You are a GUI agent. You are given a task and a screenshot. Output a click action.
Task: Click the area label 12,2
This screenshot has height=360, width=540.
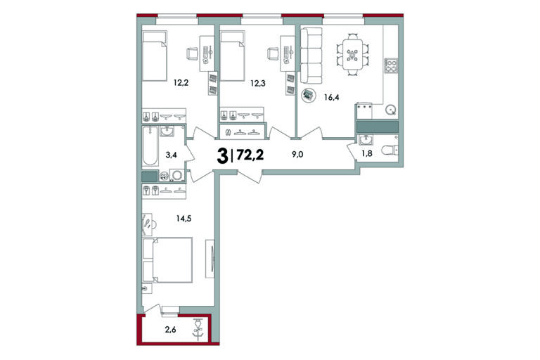pyautogui.click(x=181, y=83)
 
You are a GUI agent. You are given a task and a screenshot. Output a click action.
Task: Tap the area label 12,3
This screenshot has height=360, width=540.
pyautogui.click(x=258, y=83)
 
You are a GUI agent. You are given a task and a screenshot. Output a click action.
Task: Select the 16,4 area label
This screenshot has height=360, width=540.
pyautogui.click(x=332, y=98)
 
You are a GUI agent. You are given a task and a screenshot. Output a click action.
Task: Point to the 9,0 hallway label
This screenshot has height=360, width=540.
pyautogui.click(x=297, y=154)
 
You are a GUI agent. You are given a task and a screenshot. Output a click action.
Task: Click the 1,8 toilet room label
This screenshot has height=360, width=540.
pyautogui.click(x=367, y=153)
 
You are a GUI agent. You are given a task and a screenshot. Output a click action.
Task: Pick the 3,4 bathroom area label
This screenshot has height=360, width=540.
pyautogui.click(x=171, y=155)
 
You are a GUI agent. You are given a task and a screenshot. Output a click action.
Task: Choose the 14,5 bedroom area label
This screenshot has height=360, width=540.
pyautogui.click(x=184, y=218)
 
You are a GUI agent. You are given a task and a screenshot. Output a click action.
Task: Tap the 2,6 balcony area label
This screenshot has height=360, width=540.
pyautogui.click(x=170, y=330)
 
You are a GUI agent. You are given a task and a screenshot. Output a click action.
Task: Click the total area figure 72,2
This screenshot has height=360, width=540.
pyautogui.click(x=250, y=155)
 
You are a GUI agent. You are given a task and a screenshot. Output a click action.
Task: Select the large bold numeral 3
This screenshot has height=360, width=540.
pyautogui.click(x=222, y=156)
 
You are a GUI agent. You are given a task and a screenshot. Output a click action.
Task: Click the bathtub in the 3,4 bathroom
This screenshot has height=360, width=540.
pyautogui.click(x=150, y=146)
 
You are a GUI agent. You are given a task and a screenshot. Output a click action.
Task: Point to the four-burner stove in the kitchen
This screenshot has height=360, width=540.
pyautogui.click(x=391, y=65)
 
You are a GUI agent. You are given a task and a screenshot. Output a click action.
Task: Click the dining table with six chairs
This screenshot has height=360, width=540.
pyautogui.click(x=352, y=54)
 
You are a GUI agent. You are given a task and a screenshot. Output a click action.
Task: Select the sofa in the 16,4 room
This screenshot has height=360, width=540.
pyautogui.click(x=311, y=56)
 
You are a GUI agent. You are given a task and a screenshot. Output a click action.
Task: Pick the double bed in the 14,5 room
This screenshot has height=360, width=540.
pyautogui.click(x=167, y=260)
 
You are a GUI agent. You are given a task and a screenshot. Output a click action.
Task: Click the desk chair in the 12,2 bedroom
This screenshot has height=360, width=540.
pyautogui.click(x=193, y=53)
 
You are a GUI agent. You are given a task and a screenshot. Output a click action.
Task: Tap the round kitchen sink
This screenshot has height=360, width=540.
pyautogui.click(x=390, y=110)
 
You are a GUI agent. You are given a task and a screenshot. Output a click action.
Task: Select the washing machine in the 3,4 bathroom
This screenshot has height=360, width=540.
pyautogui.click(x=177, y=175)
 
